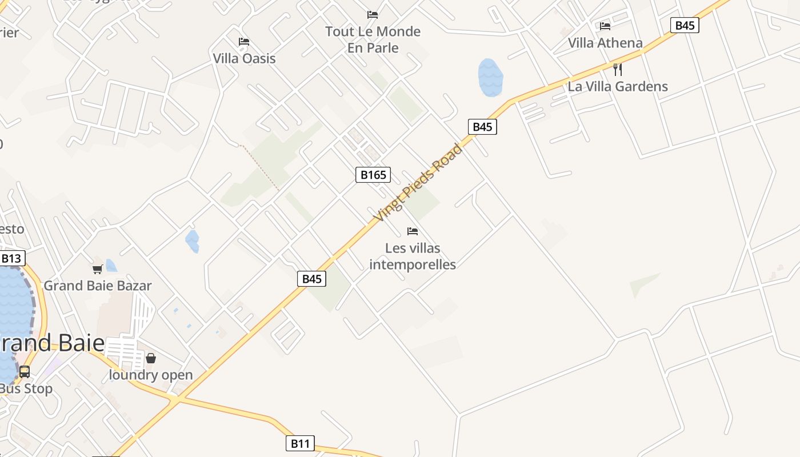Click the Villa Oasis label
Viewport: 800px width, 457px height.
coord(244,58)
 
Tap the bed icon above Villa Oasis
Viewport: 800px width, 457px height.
coord(244,42)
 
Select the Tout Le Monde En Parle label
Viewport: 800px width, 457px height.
coord(373,39)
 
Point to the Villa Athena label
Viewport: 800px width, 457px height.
coord(605,43)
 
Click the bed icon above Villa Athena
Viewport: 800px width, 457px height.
coord(605,26)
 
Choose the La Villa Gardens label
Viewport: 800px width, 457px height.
coord(618,87)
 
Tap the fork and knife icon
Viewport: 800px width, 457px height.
coord(617,70)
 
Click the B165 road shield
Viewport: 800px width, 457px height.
coord(373,175)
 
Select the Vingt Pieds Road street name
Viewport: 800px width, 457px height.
coord(418,183)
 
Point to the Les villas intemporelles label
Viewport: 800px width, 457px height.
coord(413,256)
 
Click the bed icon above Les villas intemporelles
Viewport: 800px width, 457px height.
coord(413,231)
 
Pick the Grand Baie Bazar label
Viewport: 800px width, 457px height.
coord(98,286)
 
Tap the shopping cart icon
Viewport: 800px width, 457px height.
coord(98,268)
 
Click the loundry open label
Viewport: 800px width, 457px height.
coord(151,375)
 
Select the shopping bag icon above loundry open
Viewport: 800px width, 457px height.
coord(151,358)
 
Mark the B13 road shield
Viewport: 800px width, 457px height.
coord(11,259)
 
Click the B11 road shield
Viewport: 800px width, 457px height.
coord(300,443)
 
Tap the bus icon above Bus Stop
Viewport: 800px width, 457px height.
coord(25,372)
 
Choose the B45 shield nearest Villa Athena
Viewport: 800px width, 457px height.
coord(685,25)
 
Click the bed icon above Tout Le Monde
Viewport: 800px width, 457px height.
coord(373,15)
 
